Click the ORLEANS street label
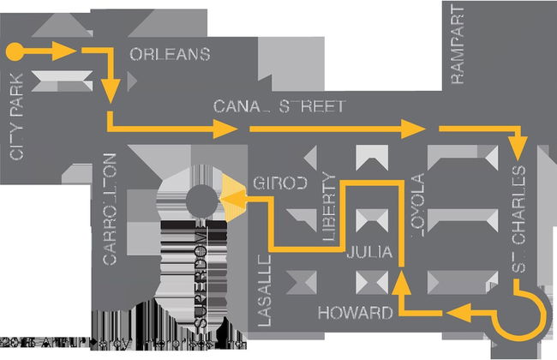point(170,55)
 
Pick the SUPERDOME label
point(203,277)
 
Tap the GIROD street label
point(279,183)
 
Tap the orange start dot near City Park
point(14,51)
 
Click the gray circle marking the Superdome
point(201,200)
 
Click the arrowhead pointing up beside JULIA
point(400,279)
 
